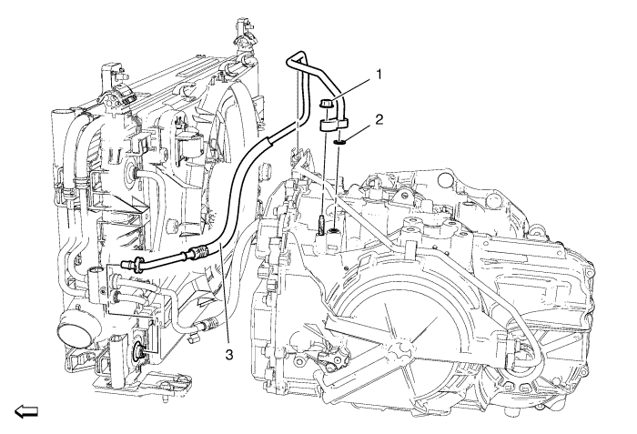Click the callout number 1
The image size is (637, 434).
pyautogui.click(x=379, y=75)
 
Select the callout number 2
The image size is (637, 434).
pyautogui.click(x=379, y=120)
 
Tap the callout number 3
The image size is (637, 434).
pyautogui.click(x=229, y=355)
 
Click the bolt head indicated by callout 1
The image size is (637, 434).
pyautogui.click(x=326, y=104)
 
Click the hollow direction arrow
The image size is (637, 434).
pyautogui.click(x=26, y=411)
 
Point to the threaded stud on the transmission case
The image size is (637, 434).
pyautogui.click(x=320, y=226)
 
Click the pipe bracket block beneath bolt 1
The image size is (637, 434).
pyautogui.click(x=333, y=125)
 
